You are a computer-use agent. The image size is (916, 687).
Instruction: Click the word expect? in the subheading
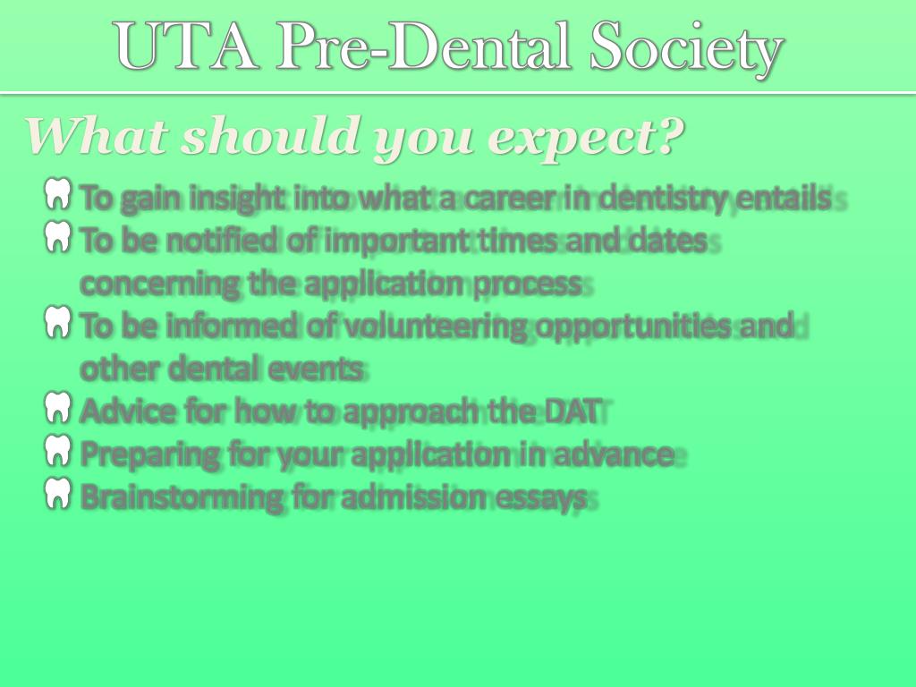coord(586,136)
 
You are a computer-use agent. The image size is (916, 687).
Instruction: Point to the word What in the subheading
coord(98,136)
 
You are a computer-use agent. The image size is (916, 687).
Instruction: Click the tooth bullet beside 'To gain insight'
coord(57,194)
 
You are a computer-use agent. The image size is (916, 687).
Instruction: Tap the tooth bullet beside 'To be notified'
coord(57,237)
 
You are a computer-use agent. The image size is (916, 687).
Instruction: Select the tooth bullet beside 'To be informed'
coord(57,323)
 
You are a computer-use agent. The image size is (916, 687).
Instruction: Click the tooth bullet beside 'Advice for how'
coord(57,409)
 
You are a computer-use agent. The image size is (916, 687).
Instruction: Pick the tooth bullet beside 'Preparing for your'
coord(57,451)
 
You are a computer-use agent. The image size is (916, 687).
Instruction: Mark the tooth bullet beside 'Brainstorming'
coord(57,494)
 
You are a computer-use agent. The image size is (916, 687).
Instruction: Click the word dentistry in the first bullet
coord(662,198)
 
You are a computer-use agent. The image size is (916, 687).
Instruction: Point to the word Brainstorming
coord(182,497)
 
